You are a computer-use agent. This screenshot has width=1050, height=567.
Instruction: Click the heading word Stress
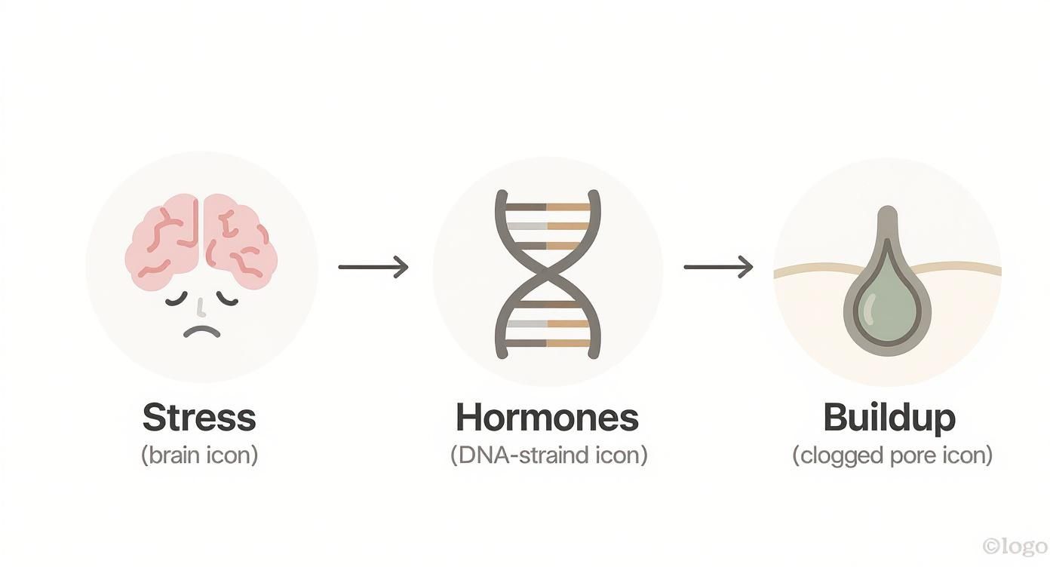click(199, 417)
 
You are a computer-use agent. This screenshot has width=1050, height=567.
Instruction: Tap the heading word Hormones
click(548, 417)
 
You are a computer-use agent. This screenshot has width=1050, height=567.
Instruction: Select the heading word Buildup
click(889, 417)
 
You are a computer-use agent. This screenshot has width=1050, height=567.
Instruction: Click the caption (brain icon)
click(199, 456)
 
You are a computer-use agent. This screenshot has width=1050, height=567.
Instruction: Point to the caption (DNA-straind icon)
click(548, 456)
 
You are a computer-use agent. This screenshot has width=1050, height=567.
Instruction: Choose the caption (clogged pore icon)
click(892, 456)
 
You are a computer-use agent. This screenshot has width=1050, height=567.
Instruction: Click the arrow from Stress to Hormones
click(373, 266)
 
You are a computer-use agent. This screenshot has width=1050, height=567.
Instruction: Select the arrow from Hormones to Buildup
click(718, 266)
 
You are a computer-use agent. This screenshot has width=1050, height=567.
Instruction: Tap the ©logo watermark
click(1015, 546)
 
